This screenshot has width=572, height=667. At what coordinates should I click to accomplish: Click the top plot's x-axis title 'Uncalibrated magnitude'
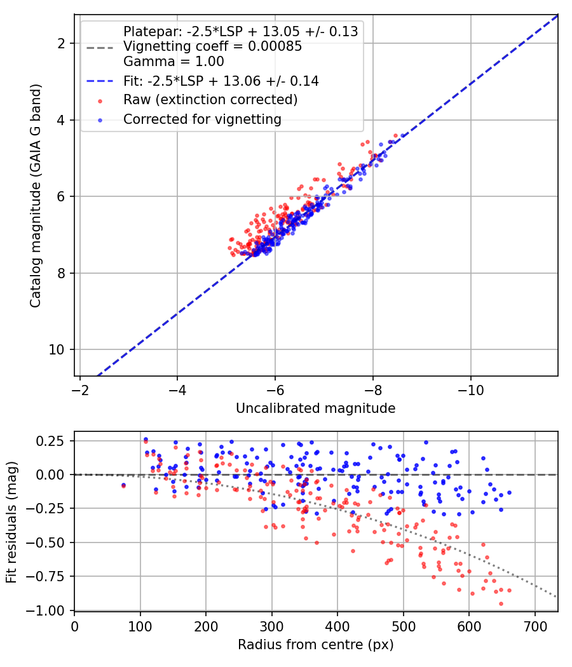pyautogui.click(x=315, y=408)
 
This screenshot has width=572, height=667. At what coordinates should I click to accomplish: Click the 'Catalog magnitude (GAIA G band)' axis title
pyautogui.click(x=36, y=196)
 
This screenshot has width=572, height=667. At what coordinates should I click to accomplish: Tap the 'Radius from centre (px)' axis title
pyautogui.click(x=315, y=645)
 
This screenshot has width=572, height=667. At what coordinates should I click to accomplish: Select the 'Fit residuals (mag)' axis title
pyautogui.click(x=11, y=522)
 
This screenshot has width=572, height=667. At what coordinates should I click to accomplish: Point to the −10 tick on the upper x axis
pyautogui.click(x=471, y=390)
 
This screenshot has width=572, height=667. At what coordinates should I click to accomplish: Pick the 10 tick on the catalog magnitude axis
pyautogui.click(x=56, y=349)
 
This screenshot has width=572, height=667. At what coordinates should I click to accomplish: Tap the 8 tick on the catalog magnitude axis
pyautogui.click(x=60, y=273)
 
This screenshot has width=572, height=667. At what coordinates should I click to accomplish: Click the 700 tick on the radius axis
pyautogui.click(x=535, y=626)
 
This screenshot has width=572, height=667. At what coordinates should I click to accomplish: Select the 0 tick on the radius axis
pyautogui.click(x=74, y=626)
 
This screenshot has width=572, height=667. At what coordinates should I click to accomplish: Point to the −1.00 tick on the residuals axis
pyautogui.click(x=45, y=611)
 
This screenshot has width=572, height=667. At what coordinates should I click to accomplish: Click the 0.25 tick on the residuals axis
pyautogui.click(x=50, y=441)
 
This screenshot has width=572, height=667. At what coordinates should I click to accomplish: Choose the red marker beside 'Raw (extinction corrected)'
pyautogui.click(x=100, y=101)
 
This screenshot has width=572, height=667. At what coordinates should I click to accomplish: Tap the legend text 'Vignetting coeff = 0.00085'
pyautogui.click(x=212, y=46)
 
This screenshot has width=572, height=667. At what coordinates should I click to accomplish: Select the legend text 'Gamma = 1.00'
pyautogui.click(x=174, y=62)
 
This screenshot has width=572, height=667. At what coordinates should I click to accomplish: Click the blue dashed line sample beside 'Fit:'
pyautogui.click(x=100, y=81)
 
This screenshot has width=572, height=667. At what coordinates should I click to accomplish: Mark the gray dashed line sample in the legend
pyautogui.click(x=100, y=48)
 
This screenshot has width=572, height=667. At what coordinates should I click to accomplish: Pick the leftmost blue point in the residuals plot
pyautogui.click(x=123, y=485)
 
